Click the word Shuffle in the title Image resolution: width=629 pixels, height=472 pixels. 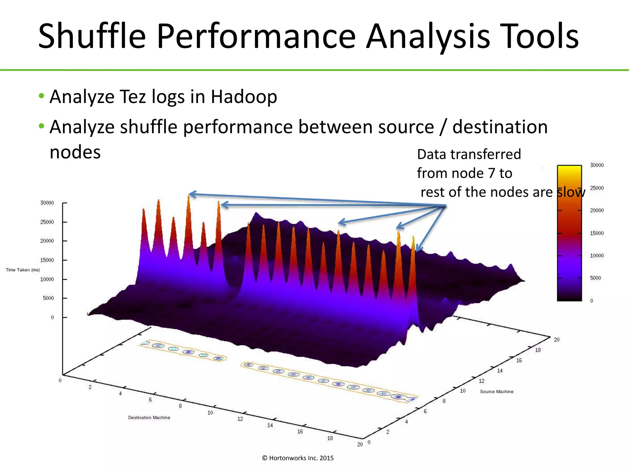[x=92, y=36]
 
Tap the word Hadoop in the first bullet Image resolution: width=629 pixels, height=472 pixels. [x=244, y=96]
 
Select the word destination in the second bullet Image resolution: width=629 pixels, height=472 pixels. [x=500, y=127]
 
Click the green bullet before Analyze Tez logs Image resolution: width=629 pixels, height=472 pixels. [x=41, y=96]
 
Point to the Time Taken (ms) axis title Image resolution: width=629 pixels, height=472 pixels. [x=23, y=270]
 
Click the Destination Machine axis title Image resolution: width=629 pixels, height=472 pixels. [x=149, y=417]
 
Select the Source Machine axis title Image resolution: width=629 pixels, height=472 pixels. [x=497, y=391]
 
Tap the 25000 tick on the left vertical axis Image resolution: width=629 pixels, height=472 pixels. [x=47, y=222]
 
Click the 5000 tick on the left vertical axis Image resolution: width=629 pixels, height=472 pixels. [x=48, y=298]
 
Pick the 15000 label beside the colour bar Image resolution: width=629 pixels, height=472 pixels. [x=596, y=233]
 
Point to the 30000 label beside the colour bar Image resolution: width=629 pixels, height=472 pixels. [x=596, y=165]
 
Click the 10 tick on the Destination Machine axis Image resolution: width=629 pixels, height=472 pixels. [x=210, y=413]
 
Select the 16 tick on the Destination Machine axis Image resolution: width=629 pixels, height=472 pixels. [x=300, y=431]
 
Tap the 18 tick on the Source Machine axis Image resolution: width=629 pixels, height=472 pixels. [x=538, y=350]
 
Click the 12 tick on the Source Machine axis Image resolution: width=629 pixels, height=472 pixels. [x=482, y=381]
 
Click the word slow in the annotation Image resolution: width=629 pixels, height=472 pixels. [x=571, y=192]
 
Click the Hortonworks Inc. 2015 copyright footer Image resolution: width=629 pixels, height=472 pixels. [x=298, y=458]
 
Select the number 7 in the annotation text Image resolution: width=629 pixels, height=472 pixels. [x=491, y=173]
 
